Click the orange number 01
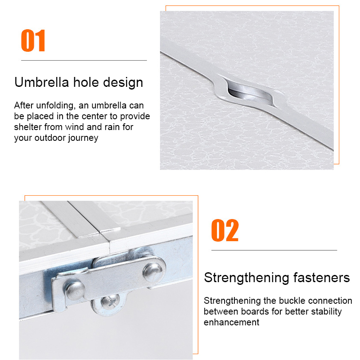click(33, 40)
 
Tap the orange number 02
click(225, 230)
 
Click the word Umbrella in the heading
click(41, 82)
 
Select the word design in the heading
click(123, 82)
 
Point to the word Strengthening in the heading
click(247, 278)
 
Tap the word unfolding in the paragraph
click(55, 106)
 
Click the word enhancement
click(231, 322)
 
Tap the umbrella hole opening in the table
click(250, 93)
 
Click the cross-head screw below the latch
click(110, 301)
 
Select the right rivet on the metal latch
click(153, 273)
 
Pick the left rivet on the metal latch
click(75, 291)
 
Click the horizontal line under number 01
click(84, 60)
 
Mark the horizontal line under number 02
click(274, 250)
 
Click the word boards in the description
click(255, 312)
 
